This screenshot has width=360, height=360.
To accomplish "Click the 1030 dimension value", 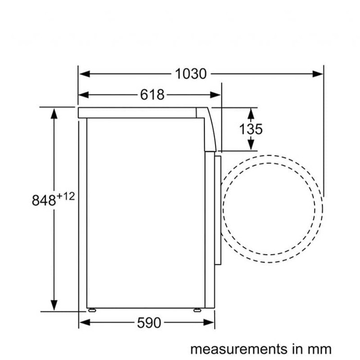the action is click(191, 74).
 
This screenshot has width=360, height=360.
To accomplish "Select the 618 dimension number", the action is click(152, 95).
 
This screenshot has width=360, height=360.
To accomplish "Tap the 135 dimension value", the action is click(251, 129).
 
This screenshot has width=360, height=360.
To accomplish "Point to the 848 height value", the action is click(44, 200).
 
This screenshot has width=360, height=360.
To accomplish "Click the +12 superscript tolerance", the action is click(66, 196).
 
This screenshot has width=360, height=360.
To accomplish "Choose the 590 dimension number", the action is click(149, 323).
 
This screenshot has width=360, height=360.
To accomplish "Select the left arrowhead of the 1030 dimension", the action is click(84, 74).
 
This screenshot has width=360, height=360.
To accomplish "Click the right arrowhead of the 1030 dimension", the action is click(318, 74).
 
